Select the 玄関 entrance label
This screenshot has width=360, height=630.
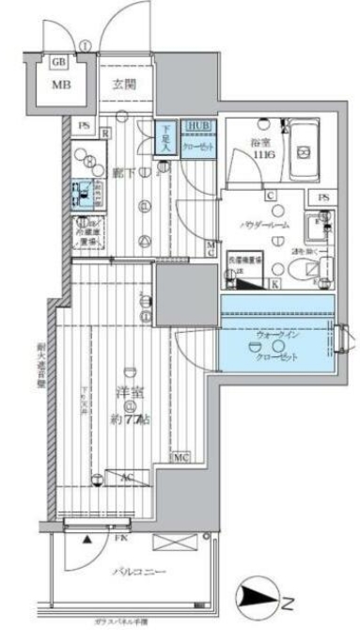coord(126,84)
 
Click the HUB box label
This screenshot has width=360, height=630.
coord(197,125)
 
